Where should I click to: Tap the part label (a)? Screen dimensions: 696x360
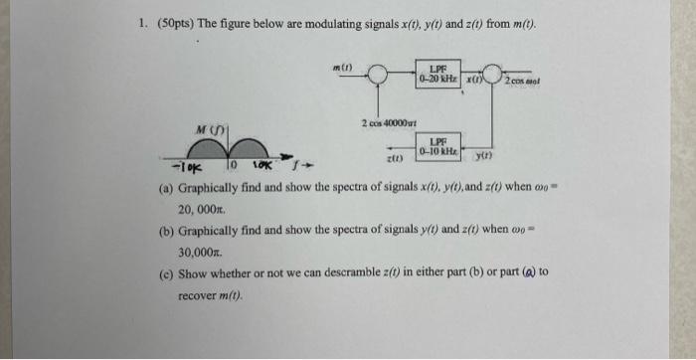coord(166,187)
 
